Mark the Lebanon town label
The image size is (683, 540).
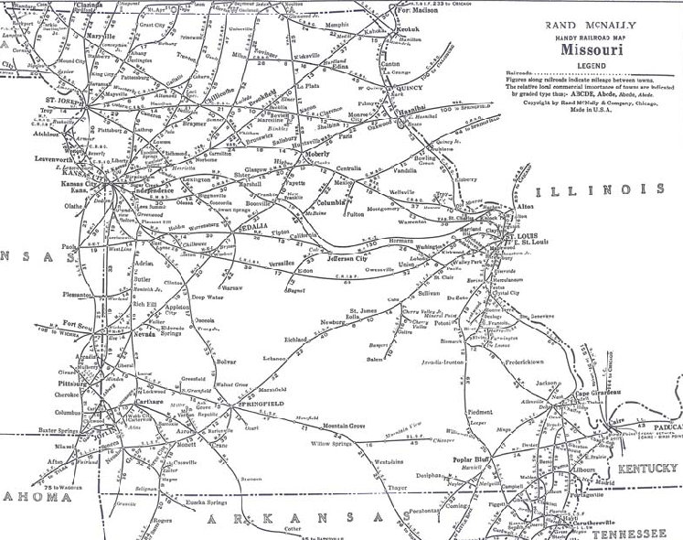[277, 357]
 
